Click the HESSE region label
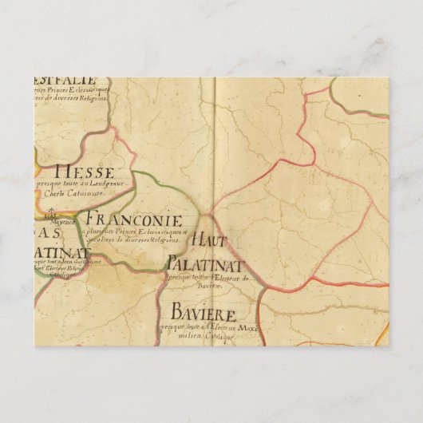click(x=85, y=172)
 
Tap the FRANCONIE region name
click(x=133, y=219)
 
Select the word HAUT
click(x=211, y=240)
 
